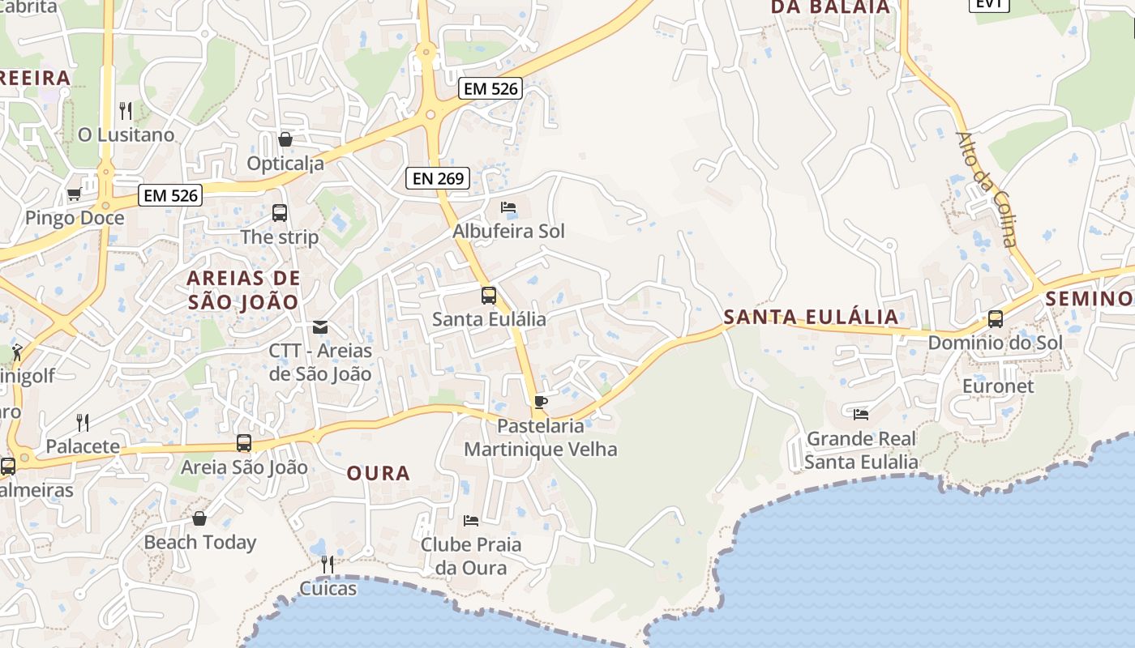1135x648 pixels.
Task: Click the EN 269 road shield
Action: coord(438,178)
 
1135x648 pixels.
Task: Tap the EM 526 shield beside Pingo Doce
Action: coord(169,195)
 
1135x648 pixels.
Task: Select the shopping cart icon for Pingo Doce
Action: coord(74,194)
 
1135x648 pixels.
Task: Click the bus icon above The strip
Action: coord(280,213)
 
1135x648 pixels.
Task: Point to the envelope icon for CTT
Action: coord(320,327)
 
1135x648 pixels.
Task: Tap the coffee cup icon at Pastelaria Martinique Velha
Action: coord(541,402)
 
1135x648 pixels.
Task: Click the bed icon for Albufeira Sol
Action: coord(508,207)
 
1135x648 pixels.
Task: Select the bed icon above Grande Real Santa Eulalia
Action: coord(861,415)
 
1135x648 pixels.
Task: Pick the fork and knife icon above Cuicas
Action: coord(328,564)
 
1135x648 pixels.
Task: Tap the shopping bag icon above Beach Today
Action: coord(199,518)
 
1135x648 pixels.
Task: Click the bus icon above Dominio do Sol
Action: coord(995,319)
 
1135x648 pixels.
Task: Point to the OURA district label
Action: coord(379,474)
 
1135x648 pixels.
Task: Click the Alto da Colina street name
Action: coord(986,189)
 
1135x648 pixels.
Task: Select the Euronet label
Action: coord(998,386)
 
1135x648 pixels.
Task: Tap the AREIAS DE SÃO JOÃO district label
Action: coord(243,290)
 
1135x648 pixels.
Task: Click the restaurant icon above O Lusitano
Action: coord(126,110)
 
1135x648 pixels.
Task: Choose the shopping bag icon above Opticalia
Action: coord(285,139)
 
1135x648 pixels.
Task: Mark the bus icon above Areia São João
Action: coord(244,443)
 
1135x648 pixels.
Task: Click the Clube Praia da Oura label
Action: coord(470,556)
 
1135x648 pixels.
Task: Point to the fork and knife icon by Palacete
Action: coord(83,422)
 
